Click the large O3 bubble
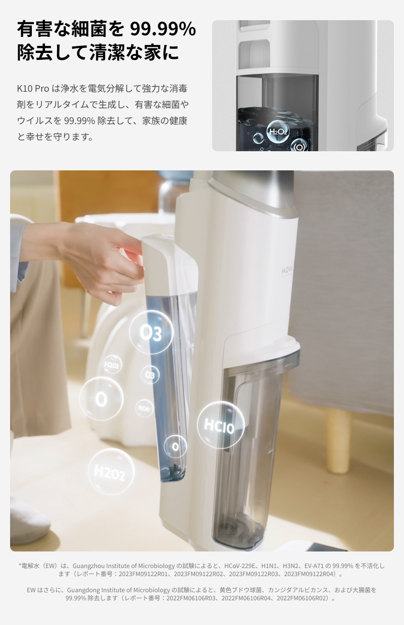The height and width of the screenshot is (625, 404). coord(151,332)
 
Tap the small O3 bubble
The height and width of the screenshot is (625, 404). coord(149,374)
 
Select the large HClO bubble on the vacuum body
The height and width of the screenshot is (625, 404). coord(220,425)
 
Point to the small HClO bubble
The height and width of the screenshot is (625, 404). coord(144,408)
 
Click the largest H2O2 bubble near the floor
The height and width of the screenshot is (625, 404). coord(111,472)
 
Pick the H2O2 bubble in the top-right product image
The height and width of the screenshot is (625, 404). coord(278,132)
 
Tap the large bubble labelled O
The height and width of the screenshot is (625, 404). coord(102,399)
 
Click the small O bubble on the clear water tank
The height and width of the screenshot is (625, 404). coord(175,447)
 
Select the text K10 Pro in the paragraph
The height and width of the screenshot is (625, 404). coord(33,88)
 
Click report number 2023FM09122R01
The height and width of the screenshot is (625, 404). coord(140,574)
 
